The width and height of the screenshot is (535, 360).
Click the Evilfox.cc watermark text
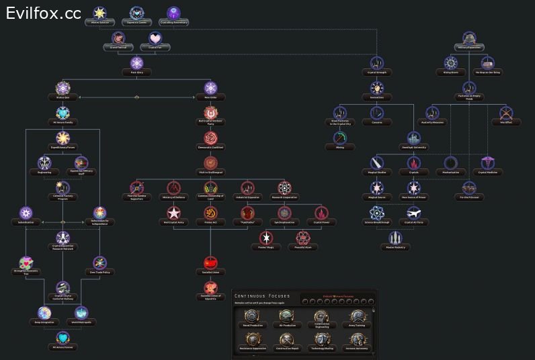44,13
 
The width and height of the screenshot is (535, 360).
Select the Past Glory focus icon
137,63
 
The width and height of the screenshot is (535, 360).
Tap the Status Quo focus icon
63,89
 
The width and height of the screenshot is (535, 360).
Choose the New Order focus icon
210,89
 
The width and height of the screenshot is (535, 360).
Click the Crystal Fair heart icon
155,39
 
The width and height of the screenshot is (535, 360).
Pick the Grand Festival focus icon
119,39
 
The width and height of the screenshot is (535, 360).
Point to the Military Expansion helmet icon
470,39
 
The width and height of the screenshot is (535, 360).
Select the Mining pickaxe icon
340,138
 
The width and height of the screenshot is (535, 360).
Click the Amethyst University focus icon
415,138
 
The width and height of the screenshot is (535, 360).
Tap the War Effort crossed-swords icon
506,114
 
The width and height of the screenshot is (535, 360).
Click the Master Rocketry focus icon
396,238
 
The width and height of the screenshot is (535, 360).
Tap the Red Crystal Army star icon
173,213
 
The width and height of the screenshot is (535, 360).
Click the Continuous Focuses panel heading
262,296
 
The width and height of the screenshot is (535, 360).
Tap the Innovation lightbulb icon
377,89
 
